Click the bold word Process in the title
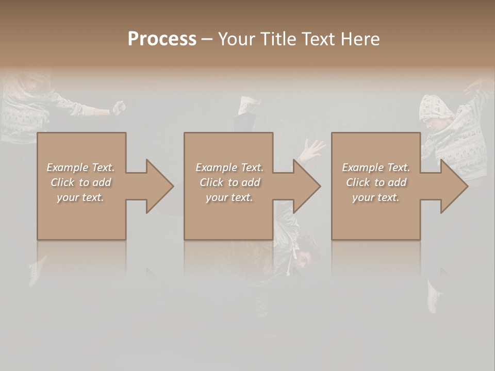tap(162, 39)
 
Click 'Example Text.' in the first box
tap(80, 167)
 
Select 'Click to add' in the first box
tap(80, 182)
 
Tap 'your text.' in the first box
tap(80, 197)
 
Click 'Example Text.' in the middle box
tap(229, 167)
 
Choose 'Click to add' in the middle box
tap(229, 182)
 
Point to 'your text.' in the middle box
tap(229, 197)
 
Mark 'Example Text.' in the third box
tap(376, 167)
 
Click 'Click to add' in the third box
tap(376, 182)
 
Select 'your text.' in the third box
tap(376, 197)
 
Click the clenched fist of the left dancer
tap(119, 107)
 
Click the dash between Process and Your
tap(207, 40)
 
